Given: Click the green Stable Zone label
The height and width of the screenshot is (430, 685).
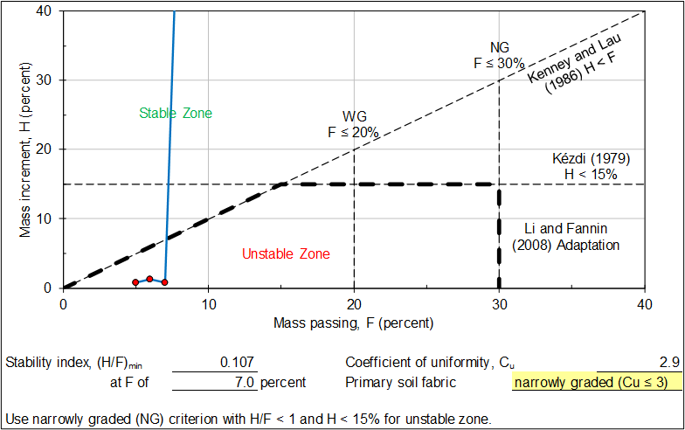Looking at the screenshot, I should click(176, 113).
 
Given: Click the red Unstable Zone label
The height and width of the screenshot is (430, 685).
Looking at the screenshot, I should click(286, 254).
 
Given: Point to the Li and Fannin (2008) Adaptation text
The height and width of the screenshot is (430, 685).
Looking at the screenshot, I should click(566, 236).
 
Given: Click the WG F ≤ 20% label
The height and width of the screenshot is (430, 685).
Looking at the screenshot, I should click(353, 124).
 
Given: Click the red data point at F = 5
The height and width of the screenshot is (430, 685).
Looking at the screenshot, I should click(135, 282).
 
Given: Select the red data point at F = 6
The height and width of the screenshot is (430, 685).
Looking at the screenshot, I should click(149, 279).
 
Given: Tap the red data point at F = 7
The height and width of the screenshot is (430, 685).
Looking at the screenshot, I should click(164, 282).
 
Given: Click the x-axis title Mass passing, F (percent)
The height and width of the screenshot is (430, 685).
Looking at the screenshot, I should click(353, 323).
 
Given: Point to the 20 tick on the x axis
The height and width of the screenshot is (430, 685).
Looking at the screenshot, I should click(353, 303).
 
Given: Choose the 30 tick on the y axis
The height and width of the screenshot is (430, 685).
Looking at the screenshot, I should click(45, 80).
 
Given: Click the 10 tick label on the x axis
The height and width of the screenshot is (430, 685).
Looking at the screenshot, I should click(208, 303).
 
